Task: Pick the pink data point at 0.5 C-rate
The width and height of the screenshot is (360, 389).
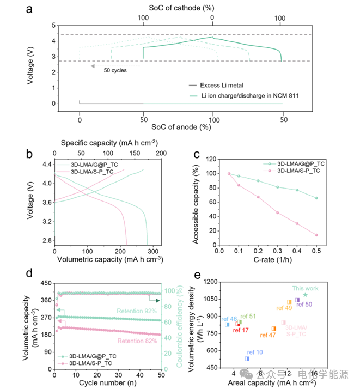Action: pos(316,235)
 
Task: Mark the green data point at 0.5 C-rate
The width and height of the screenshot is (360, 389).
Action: pos(316,198)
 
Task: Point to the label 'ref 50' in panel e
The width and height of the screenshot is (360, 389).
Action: pos(304,304)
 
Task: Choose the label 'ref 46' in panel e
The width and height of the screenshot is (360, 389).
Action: pos(229,318)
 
